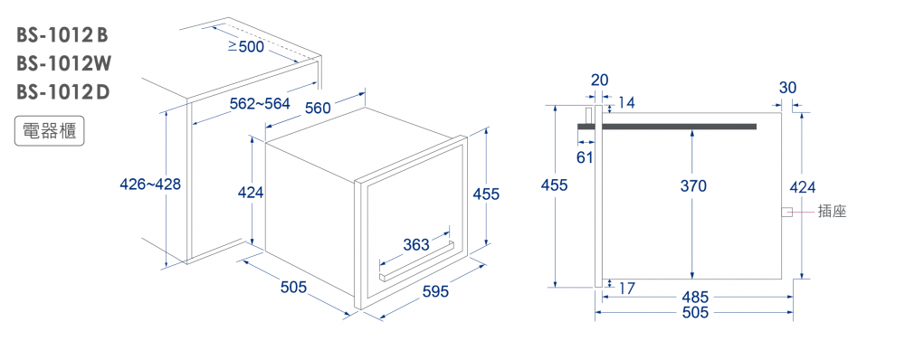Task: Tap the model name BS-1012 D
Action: [62, 91]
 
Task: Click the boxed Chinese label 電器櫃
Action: [49, 131]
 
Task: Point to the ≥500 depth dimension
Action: [246, 47]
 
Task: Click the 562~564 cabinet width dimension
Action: [260, 104]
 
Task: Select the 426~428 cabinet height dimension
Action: [150, 185]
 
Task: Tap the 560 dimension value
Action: [318, 108]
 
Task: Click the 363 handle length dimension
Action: [416, 245]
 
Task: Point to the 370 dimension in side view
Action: [693, 186]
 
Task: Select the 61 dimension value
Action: [585, 156]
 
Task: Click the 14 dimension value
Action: [626, 103]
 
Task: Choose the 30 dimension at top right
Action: [787, 88]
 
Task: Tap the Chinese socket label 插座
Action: [832, 212]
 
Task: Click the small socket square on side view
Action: [786, 213]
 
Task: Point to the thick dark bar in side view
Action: [667, 127]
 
